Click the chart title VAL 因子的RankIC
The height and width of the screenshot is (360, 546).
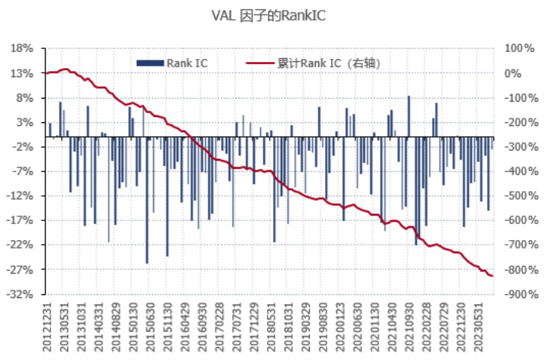click(x=272, y=15)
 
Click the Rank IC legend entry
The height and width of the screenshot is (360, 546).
click(x=172, y=63)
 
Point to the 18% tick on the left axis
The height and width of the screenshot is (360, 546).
click(x=22, y=49)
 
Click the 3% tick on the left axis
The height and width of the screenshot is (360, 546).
click(x=24, y=122)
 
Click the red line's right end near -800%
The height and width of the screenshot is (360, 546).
click(x=491, y=276)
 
